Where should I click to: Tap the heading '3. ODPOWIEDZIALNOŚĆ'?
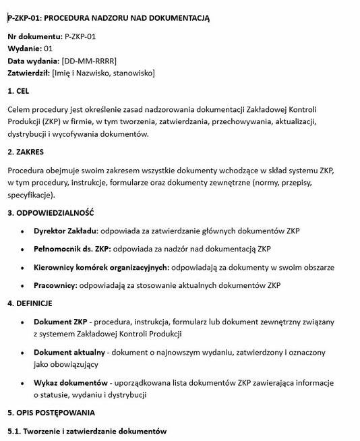51,213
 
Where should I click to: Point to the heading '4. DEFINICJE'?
30,303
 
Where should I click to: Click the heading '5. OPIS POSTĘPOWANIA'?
51,413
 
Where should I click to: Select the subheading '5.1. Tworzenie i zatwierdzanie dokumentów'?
86,431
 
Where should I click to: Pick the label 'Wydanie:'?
24,49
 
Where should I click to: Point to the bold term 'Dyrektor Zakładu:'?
66,231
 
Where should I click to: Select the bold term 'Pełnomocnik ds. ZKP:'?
72,249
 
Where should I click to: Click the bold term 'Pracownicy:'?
55,286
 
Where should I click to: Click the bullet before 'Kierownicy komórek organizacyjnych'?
24,268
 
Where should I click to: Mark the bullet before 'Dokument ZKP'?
24,322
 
